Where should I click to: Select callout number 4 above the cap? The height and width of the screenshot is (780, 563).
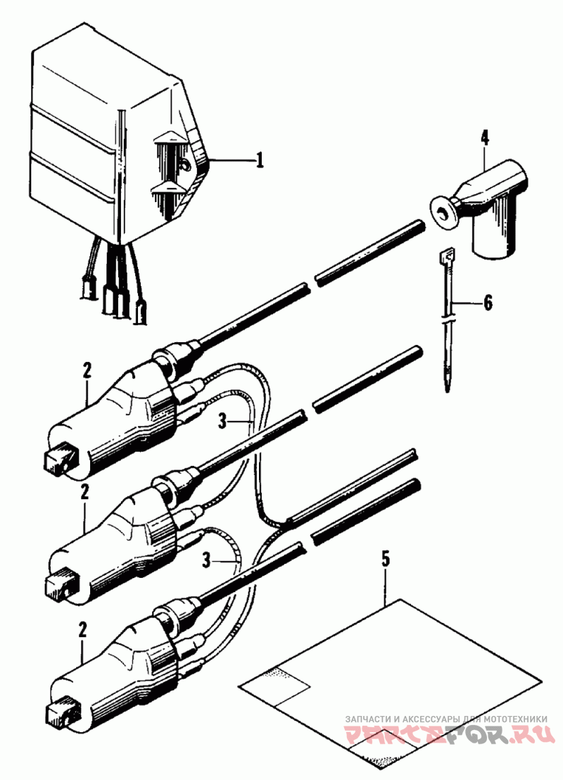pyautogui.click(x=484, y=137)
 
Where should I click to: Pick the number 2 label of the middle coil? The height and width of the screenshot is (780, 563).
pyautogui.click(x=85, y=492)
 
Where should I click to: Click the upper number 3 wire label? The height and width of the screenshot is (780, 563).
pyautogui.click(x=222, y=422)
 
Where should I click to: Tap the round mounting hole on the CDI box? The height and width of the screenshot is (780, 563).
pyautogui.click(x=185, y=165)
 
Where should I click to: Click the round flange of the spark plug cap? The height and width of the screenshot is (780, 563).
pyautogui.click(x=442, y=213)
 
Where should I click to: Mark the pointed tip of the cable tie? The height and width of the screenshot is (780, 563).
pyautogui.click(x=448, y=389)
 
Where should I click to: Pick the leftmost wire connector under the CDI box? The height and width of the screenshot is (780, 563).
pyautogui.click(x=89, y=288)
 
